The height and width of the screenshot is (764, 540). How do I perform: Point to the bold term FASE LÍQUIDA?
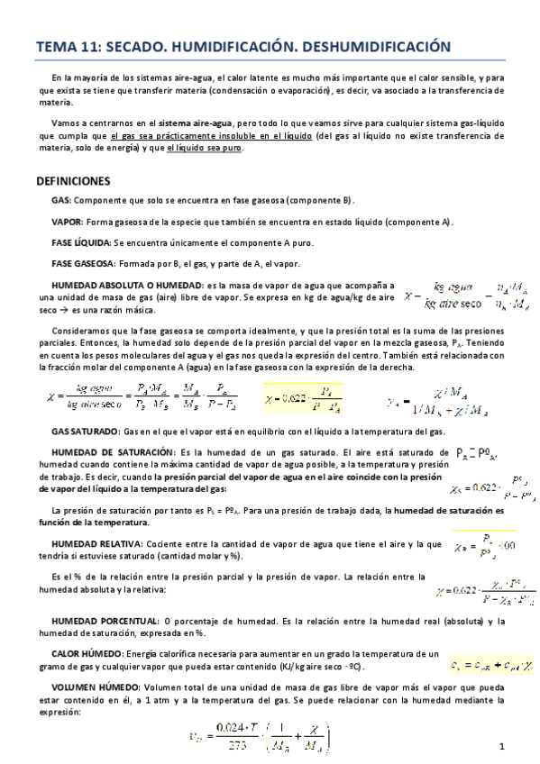[x=80, y=243]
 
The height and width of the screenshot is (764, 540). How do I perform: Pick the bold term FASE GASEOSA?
[x=83, y=264]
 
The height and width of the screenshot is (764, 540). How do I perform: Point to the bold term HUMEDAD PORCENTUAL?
[x=103, y=622]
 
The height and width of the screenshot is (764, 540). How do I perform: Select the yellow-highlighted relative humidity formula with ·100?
[x=486, y=545]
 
